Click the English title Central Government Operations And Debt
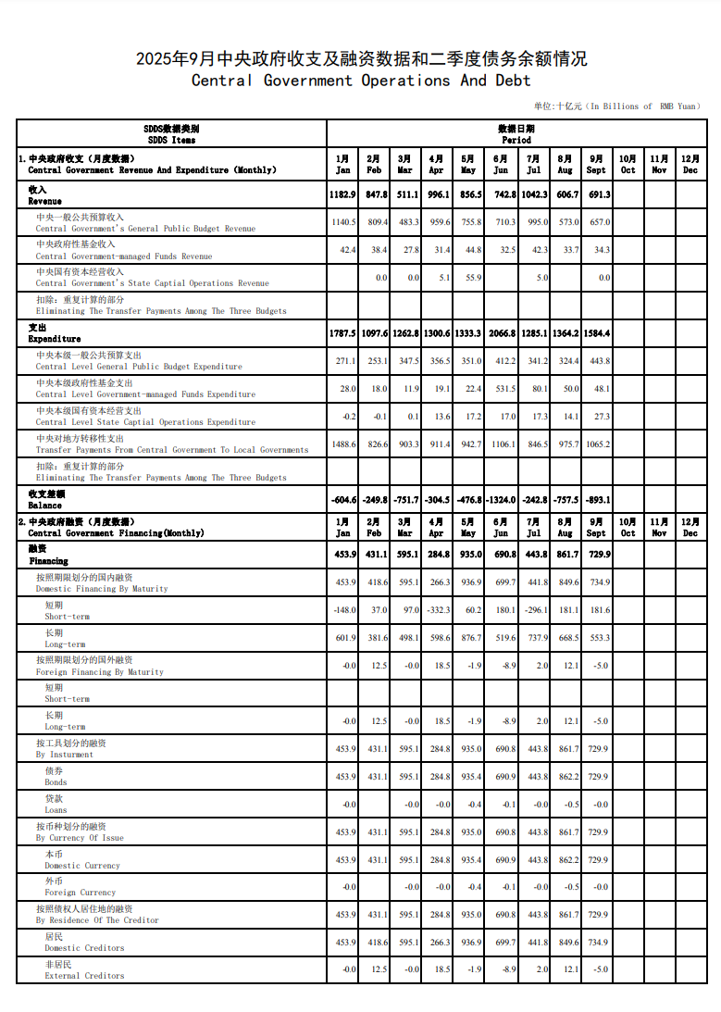pyautogui.click(x=361, y=81)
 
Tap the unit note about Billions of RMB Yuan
pyautogui.click(x=617, y=106)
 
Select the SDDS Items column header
pyautogui.click(x=171, y=134)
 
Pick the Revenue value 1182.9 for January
pyautogui.click(x=342, y=195)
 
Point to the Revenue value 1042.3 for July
pyautogui.click(x=534, y=195)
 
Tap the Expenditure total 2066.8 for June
pyautogui.click(x=501, y=333)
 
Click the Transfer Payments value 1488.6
pyautogui.click(x=343, y=444)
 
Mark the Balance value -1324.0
pyautogui.click(x=501, y=500)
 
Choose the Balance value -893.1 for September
pyautogui.click(x=597, y=500)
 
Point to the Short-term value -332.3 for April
pyautogui.click(x=436, y=610)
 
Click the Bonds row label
pyautogui.click(x=56, y=777)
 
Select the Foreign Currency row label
pyautogui.click(x=80, y=887)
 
